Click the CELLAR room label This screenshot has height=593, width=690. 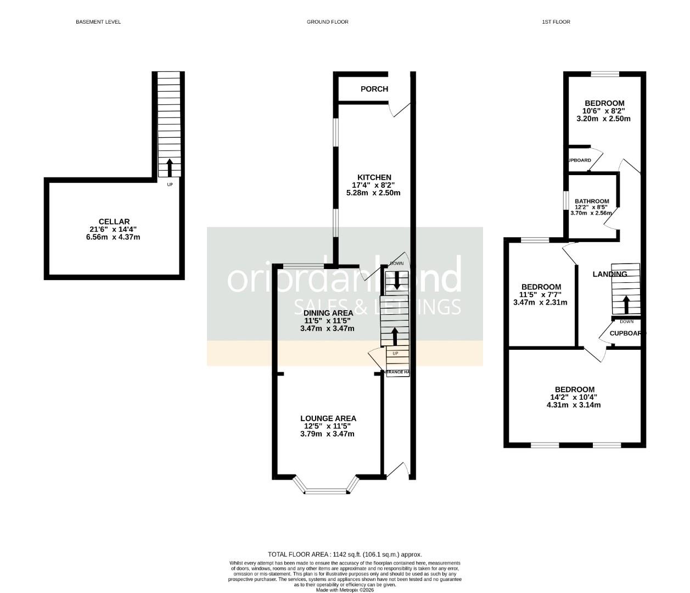tap(114, 222)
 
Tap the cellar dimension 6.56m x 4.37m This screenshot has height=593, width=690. tap(114, 237)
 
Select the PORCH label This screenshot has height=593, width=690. tap(374, 89)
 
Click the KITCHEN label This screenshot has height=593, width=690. tap(374, 177)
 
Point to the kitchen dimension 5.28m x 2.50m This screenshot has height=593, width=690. tap(373, 193)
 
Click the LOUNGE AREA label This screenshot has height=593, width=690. tap(328, 418)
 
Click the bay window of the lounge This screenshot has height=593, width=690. tap(326, 486)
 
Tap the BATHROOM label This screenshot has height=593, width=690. tap(592, 202)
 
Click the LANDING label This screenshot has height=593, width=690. tap(609, 274)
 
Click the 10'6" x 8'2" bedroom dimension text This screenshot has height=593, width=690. tap(604, 111)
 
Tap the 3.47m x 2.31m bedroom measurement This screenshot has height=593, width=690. tap(540, 302)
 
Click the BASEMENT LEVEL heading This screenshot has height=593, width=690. tap(98, 22)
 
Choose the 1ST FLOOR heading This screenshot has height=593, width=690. tap(556, 22)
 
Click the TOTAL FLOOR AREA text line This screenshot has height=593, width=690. tap(345, 555)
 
